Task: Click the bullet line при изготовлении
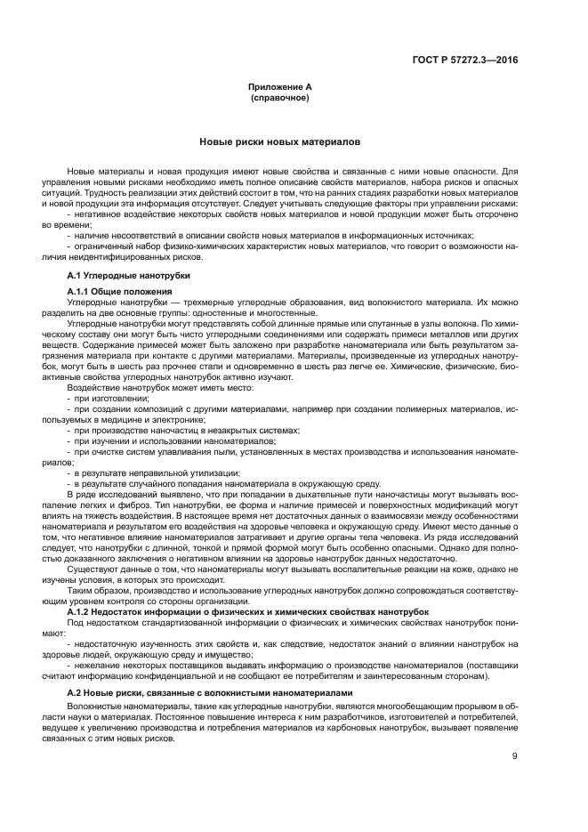(103, 399)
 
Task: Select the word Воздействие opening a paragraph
(91, 388)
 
